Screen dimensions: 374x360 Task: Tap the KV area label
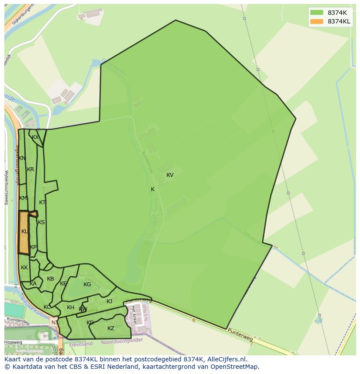170,175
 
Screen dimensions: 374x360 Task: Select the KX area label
35,137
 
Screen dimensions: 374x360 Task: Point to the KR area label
30,169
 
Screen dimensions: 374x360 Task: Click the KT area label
42,202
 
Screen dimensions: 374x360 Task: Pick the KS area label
41,222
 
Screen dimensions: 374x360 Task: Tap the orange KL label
24,232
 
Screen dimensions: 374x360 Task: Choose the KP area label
33,247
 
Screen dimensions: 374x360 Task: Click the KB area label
50,279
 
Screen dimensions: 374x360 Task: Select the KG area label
87,285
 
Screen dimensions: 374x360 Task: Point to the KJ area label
110,301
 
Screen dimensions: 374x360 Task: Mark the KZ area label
111,328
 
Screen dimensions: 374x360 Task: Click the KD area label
90,323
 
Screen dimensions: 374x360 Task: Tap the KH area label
70,308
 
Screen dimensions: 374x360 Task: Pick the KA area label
33,284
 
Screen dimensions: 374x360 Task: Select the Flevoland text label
81,344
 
